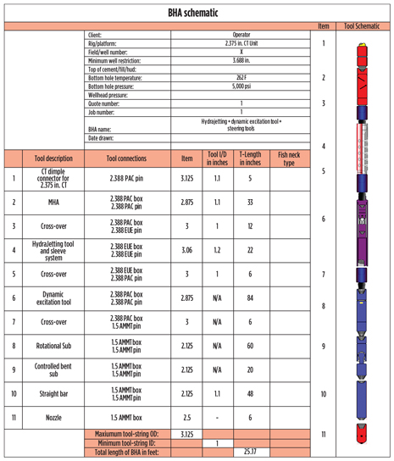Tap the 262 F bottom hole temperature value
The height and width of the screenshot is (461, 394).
click(241, 77)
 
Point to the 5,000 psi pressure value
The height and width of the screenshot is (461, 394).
click(241, 86)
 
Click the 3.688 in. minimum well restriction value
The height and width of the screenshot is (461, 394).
click(241, 60)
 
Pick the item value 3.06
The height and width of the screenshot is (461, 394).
click(187, 250)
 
